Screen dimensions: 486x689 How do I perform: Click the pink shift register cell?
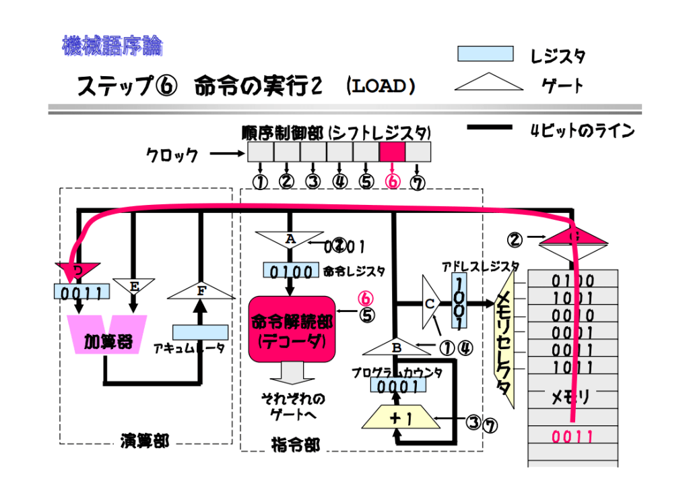click(392, 152)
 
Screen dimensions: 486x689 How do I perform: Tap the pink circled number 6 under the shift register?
click(392, 182)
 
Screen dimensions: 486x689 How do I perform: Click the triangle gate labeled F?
click(200, 291)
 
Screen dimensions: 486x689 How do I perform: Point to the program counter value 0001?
click(397, 386)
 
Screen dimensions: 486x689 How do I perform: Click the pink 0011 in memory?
click(572, 437)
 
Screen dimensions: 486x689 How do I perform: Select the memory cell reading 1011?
click(572, 367)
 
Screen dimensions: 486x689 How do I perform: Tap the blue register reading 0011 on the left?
click(81, 293)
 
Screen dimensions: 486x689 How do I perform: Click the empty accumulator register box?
click(200, 332)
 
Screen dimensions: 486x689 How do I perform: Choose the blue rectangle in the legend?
click(486, 54)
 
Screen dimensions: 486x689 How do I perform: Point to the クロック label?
click(173, 156)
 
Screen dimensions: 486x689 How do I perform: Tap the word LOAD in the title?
click(381, 86)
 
